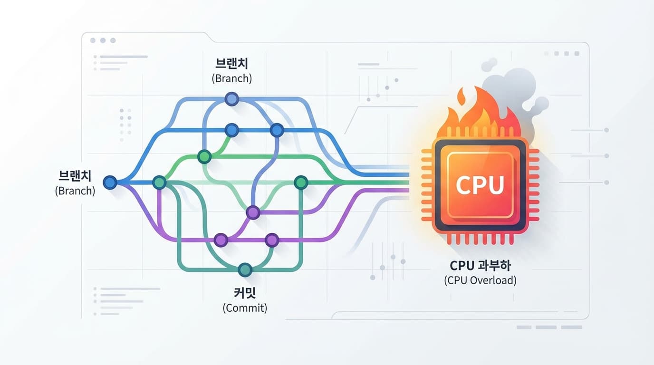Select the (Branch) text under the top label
[231, 78]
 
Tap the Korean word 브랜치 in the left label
[75, 177]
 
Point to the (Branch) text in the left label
[75, 191]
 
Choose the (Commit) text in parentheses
[245, 307]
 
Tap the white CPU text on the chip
[480, 184]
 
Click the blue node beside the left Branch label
[110, 182]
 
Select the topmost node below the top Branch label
[231, 98]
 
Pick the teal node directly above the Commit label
[245, 269]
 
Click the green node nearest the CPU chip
[301, 182]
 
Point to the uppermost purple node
[253, 212]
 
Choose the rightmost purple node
[271, 240]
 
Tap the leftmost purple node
[221, 240]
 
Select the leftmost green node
[159, 182]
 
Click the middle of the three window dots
[102, 41]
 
